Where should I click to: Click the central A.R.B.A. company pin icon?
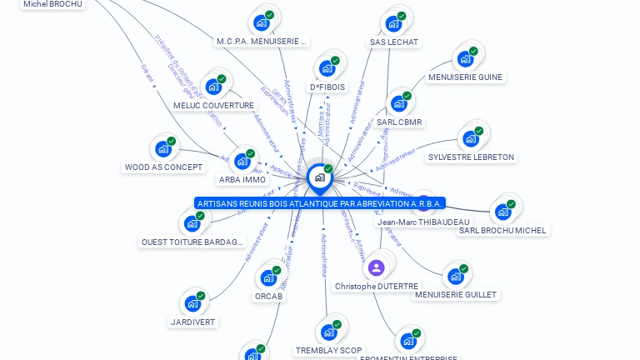(x=319, y=177)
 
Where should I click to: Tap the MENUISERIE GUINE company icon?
(x=465, y=59)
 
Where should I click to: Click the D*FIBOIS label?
(x=327, y=87)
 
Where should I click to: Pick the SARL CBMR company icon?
(x=399, y=104)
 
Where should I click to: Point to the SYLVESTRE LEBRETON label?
(x=471, y=157)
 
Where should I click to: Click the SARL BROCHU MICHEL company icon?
(x=502, y=212)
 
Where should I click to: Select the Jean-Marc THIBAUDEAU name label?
(x=422, y=222)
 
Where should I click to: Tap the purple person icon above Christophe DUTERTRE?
(x=376, y=267)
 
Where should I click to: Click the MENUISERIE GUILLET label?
(x=455, y=295)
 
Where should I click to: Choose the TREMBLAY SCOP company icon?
(x=328, y=332)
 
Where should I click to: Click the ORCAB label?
(x=269, y=296)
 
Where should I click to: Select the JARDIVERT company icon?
(x=192, y=304)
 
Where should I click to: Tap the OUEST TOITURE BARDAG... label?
(x=192, y=242)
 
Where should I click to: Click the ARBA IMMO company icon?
(x=242, y=161)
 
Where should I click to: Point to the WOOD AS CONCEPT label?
(x=163, y=167)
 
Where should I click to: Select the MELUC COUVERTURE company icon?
(x=214, y=87)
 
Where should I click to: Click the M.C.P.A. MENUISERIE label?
(x=262, y=41)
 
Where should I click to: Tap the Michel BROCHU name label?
(x=52, y=4)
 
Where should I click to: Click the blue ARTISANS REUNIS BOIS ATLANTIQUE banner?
(x=320, y=203)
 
